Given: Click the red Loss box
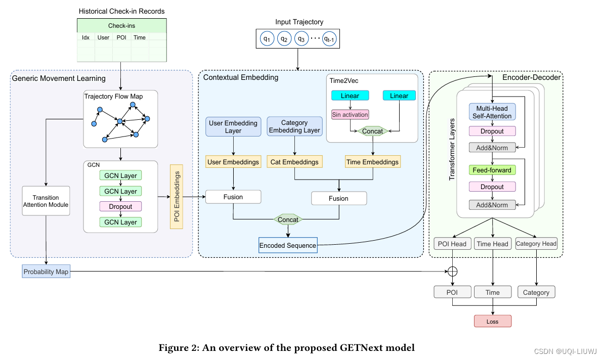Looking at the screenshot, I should (x=492, y=321).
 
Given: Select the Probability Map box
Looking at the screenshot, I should (x=46, y=272).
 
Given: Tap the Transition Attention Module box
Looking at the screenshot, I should (x=46, y=201).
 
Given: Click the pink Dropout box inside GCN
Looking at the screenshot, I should (x=120, y=206).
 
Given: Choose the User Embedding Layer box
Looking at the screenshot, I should (x=233, y=126).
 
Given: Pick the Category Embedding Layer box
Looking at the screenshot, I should (x=294, y=126).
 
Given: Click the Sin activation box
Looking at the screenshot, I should (x=350, y=114).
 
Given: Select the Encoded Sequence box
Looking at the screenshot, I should (x=288, y=246).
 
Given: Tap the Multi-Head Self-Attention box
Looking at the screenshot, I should (x=492, y=112).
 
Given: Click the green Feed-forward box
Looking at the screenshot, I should (x=492, y=170).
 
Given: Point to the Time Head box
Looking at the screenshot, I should (x=492, y=244).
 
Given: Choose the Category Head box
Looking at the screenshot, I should (x=536, y=244).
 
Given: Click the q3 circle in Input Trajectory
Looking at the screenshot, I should (x=300, y=38).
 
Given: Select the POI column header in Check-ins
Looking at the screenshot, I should (x=121, y=37).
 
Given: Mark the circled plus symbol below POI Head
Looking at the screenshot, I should (x=453, y=271).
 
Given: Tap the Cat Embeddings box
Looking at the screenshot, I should (x=294, y=162).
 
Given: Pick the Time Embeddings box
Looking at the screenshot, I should (x=372, y=162).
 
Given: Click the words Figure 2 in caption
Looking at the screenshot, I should (x=175, y=347).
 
